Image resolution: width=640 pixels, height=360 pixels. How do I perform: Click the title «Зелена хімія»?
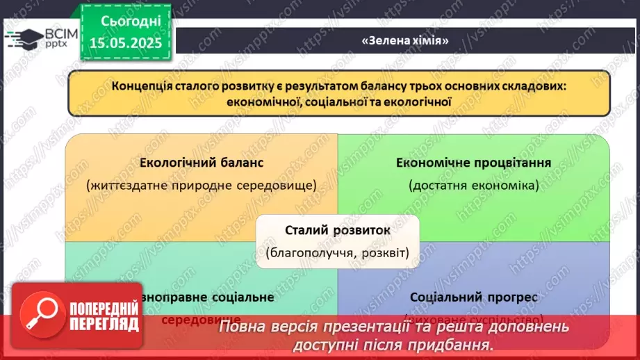tap(405, 40)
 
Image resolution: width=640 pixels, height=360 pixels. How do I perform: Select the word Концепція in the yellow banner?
tap(140, 87)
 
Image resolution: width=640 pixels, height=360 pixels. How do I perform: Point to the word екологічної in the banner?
tap(418, 101)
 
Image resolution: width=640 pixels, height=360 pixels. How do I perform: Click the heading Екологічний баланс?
tap(202, 163)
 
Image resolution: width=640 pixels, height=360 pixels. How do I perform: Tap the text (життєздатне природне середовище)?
tap(202, 186)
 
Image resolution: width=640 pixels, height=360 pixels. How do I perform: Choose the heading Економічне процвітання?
tap(474, 163)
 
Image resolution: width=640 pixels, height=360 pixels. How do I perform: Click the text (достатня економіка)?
tap(474, 186)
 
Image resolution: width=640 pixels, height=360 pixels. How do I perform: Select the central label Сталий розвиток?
tap(338, 230)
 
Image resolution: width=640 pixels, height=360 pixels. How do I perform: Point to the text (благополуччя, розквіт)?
tap(337, 252)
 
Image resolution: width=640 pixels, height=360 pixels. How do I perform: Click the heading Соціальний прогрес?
tap(474, 297)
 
